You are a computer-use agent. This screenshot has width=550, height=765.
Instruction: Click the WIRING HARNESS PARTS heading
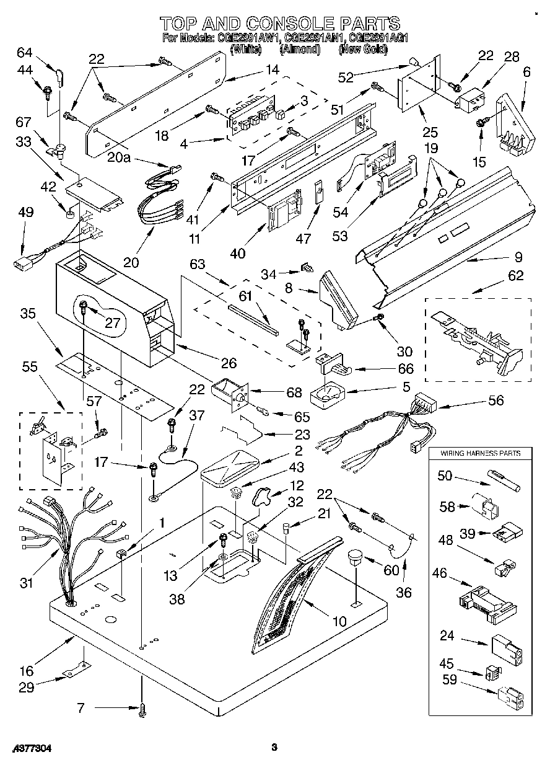(481, 453)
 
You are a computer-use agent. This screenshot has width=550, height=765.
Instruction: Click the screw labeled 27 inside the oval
(84, 305)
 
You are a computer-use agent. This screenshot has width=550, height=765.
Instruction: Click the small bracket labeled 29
(77, 671)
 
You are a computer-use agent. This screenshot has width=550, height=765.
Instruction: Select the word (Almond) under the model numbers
(299, 49)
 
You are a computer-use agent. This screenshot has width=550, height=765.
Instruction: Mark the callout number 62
(515, 276)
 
